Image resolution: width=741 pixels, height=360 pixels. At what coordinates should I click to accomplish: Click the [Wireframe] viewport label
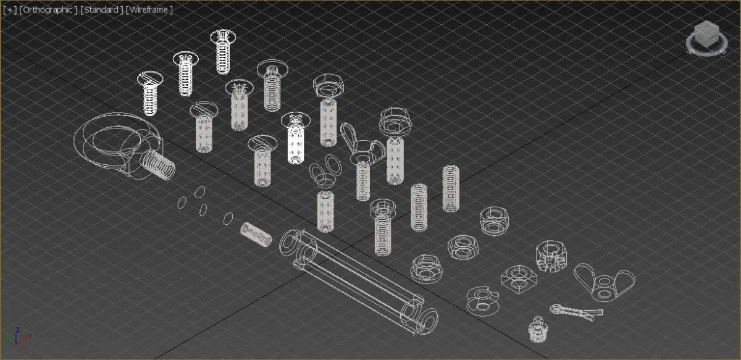click(x=149, y=10)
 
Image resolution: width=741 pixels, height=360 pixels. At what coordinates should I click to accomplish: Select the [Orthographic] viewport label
click(x=48, y=10)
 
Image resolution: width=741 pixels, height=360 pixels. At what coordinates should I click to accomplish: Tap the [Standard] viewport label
click(x=101, y=10)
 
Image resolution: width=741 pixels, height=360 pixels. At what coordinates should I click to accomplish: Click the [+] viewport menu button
click(x=10, y=10)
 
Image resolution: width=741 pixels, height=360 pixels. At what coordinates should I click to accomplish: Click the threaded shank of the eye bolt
click(x=158, y=164)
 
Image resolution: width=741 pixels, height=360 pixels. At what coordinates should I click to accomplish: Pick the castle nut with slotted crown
click(x=551, y=256)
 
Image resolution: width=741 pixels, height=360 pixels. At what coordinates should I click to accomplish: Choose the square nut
click(x=519, y=279)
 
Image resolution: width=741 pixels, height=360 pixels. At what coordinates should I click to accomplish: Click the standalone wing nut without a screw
click(x=604, y=283)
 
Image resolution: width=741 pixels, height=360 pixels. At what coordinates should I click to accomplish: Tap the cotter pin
click(x=576, y=312)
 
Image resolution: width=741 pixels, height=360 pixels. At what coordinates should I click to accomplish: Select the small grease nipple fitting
click(x=538, y=330)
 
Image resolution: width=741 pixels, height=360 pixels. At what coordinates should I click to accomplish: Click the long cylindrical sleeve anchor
click(x=358, y=282)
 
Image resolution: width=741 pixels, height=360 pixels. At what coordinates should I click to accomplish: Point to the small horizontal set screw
click(x=256, y=235)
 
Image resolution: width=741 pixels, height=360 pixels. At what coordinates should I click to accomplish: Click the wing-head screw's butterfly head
click(x=362, y=144)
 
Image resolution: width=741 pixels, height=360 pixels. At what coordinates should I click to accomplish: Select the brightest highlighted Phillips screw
click(x=295, y=138)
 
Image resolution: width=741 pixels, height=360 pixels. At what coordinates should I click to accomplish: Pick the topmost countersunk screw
click(x=224, y=52)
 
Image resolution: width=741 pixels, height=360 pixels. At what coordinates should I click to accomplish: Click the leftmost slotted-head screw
click(x=150, y=93)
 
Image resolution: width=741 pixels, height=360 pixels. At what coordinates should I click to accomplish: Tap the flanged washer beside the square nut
click(x=483, y=301)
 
